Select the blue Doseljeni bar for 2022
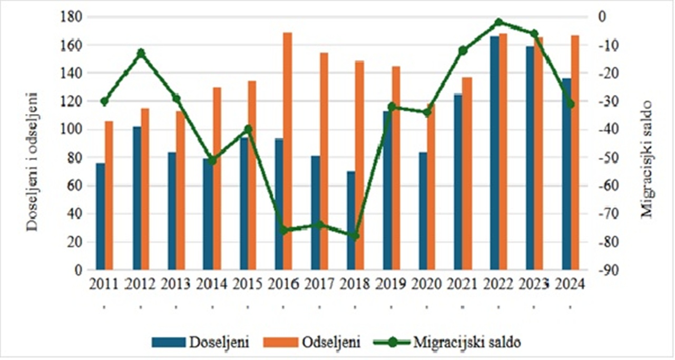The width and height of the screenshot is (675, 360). click(x=494, y=153)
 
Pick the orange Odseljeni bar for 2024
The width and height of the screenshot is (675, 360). click(x=575, y=152)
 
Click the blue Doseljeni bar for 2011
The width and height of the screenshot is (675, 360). click(x=100, y=217)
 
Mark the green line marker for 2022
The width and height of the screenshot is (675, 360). click(x=499, y=22)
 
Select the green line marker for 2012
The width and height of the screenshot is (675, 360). click(x=141, y=53)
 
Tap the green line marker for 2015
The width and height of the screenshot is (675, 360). click(x=248, y=129)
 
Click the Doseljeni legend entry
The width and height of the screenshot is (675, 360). click(x=200, y=342)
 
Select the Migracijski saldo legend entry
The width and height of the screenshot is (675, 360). click(x=447, y=342)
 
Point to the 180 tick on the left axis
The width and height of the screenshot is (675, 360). click(x=72, y=17)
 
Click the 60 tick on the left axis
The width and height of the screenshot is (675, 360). click(x=74, y=186)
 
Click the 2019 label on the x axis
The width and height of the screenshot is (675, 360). click(x=391, y=284)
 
